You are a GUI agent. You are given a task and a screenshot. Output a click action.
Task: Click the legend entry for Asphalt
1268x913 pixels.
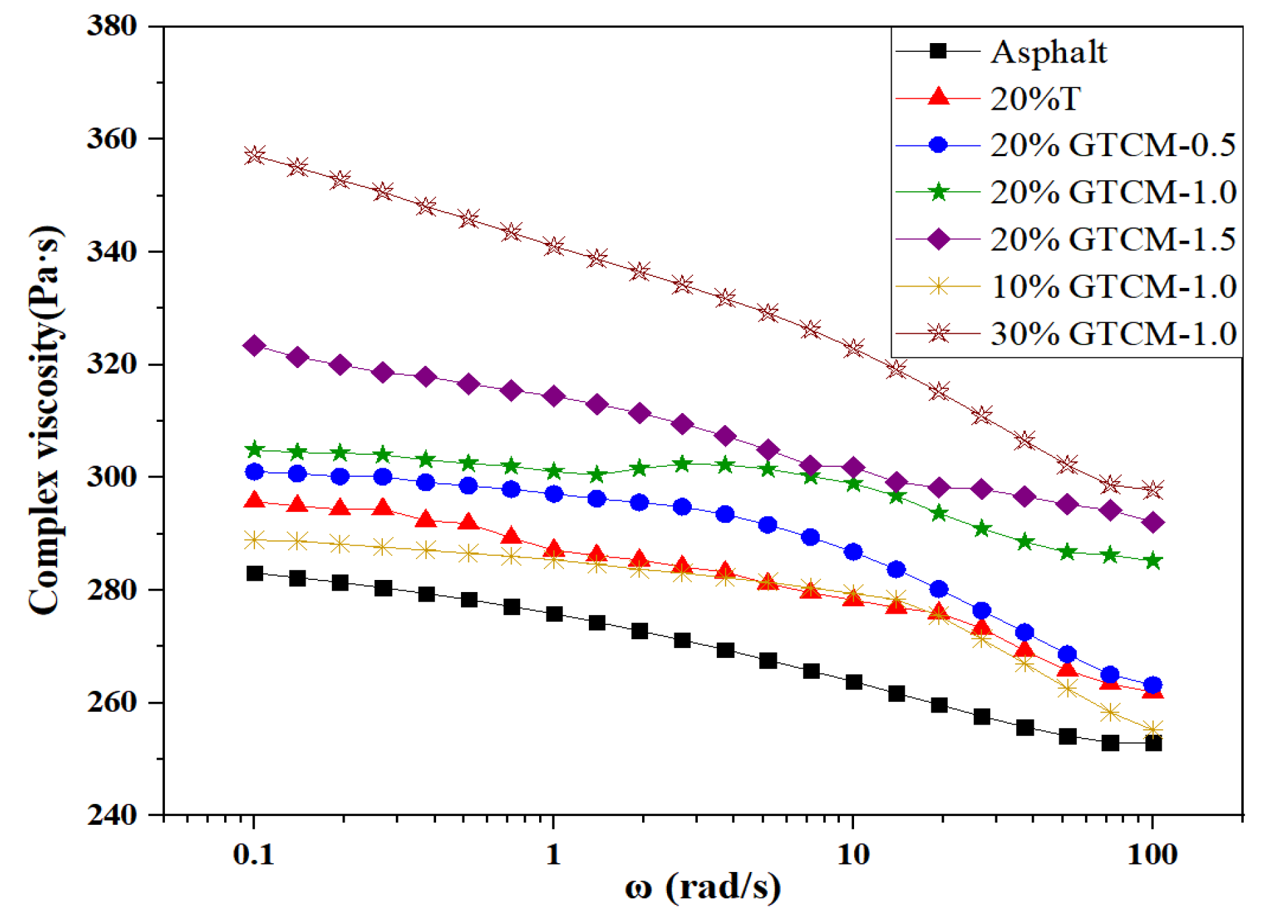tap(1048, 52)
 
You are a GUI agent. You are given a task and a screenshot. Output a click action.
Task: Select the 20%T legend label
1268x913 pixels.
tap(1034, 99)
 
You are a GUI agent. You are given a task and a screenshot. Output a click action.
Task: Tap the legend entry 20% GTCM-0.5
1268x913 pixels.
tap(1112, 145)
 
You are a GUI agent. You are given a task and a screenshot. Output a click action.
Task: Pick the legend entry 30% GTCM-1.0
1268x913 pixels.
tap(1112, 334)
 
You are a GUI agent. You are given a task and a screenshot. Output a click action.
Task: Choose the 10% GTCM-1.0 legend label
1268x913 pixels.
tap(1112, 287)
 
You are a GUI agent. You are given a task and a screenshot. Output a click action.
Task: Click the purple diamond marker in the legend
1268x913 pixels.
tap(938, 239)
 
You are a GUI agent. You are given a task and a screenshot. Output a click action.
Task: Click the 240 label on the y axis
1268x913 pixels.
tap(112, 815)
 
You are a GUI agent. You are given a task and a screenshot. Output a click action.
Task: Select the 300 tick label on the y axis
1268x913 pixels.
tap(112, 477)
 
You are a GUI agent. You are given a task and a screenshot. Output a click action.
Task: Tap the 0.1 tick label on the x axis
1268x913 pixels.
tap(254, 854)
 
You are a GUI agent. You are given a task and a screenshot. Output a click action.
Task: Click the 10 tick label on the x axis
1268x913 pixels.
tap(853, 854)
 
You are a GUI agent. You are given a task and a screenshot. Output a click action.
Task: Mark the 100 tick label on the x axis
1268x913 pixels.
tap(1152, 854)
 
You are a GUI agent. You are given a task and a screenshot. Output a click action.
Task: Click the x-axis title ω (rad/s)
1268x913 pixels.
tap(703, 887)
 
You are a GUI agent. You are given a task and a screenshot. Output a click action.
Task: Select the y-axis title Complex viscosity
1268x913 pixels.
tap(45, 421)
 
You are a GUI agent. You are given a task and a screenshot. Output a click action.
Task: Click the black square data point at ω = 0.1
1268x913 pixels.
tap(254, 573)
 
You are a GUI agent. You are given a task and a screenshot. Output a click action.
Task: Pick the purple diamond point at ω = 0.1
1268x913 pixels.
tap(254, 346)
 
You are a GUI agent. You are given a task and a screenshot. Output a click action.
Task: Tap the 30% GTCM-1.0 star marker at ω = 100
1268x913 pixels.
tap(1153, 489)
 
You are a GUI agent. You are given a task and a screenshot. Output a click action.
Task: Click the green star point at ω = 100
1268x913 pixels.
tap(1153, 560)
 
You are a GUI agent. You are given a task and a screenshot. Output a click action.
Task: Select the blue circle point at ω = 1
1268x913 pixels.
tap(554, 494)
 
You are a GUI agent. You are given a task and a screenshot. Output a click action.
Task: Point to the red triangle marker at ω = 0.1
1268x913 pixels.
tap(254, 501)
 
